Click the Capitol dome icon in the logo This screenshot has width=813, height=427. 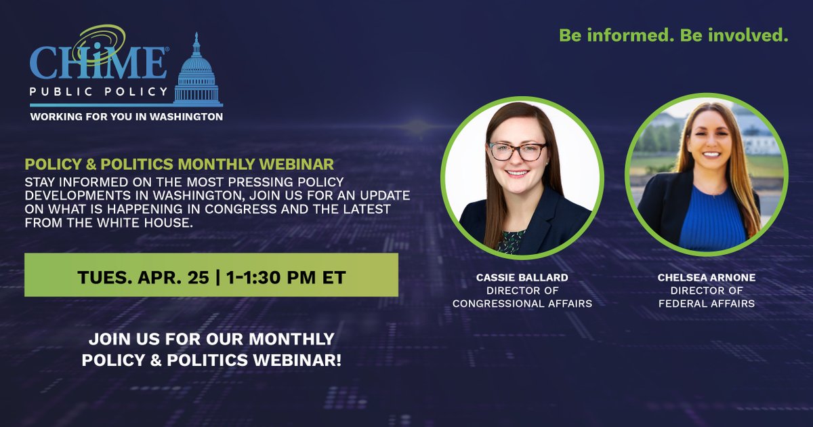(197, 71)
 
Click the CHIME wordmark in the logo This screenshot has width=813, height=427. (99, 64)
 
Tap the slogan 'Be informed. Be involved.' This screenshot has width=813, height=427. (673, 36)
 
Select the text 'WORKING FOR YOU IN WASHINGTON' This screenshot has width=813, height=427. (126, 117)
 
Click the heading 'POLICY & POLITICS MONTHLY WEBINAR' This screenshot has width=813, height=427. (179, 165)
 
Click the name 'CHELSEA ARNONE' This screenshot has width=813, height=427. (706, 277)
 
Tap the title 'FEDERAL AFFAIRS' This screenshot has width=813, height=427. (706, 304)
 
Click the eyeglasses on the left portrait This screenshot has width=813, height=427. (517, 150)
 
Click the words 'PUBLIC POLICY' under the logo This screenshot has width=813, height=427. (99, 91)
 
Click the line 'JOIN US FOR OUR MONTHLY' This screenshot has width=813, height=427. (211, 338)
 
